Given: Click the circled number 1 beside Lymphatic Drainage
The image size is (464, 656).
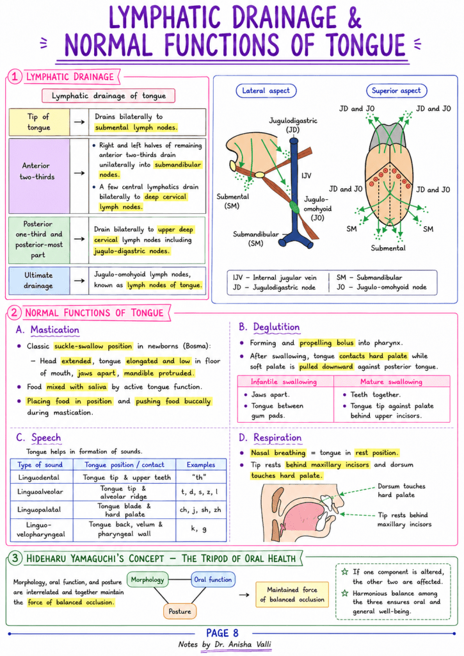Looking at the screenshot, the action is click(x=14, y=77).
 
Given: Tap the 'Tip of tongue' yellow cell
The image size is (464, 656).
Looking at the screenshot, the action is click(x=39, y=122).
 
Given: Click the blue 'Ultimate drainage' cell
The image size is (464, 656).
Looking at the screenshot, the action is click(x=39, y=281).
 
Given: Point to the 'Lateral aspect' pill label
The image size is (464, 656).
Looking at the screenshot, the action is click(x=266, y=91).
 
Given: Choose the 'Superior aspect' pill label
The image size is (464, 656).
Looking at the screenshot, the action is click(x=396, y=91).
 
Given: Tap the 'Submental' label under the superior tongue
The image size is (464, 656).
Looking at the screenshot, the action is click(x=388, y=248).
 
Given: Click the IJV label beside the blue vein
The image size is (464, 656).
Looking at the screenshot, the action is click(x=307, y=176).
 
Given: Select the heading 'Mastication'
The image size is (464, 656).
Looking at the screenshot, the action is click(x=55, y=330).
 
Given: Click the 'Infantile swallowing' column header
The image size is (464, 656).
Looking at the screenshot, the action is click(x=284, y=382).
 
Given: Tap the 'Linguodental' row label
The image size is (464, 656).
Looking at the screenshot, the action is click(x=39, y=477).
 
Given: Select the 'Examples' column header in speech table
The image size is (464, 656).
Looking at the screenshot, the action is click(x=201, y=465).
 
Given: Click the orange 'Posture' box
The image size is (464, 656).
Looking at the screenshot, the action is click(x=180, y=611).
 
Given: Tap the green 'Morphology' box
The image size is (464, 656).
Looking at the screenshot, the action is click(x=148, y=579).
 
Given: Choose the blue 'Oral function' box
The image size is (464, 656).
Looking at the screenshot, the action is click(x=212, y=579).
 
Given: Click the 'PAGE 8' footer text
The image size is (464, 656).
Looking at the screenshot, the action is click(x=222, y=633).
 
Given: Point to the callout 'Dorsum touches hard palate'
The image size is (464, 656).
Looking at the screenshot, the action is click(x=401, y=490).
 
